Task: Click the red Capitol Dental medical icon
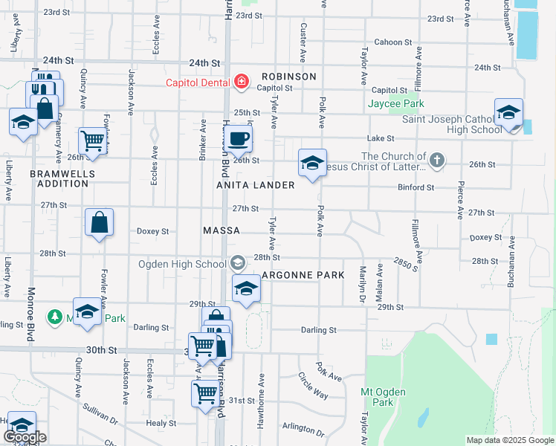click(x=241, y=82)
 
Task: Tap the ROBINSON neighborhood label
click(x=288, y=77)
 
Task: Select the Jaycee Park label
click(x=395, y=104)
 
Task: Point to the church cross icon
click(x=438, y=158)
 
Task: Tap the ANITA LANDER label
click(x=256, y=184)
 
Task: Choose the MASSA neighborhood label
click(x=222, y=231)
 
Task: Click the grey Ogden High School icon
click(x=237, y=262)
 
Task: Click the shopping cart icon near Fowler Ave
click(x=93, y=140)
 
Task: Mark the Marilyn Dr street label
click(x=363, y=284)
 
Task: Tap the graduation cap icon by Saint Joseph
click(x=508, y=113)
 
